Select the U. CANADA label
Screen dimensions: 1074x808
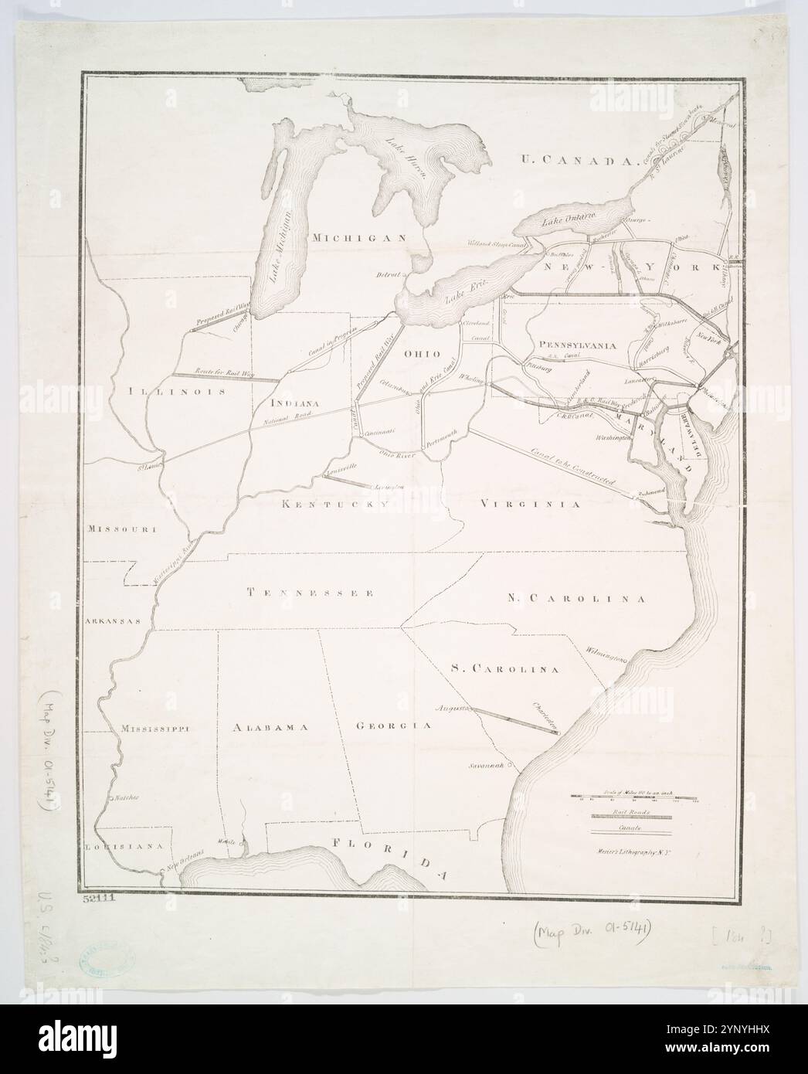[576, 161]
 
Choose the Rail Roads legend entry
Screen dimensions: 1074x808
[631, 812]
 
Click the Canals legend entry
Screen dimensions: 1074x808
[631, 828]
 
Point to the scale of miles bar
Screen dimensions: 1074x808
[633, 798]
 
